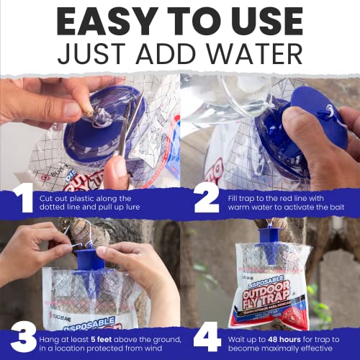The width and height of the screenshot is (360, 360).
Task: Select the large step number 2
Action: pos(206,199)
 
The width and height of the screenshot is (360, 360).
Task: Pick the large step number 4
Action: pos(206,337)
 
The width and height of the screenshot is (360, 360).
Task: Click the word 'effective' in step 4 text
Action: pos(319,343)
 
